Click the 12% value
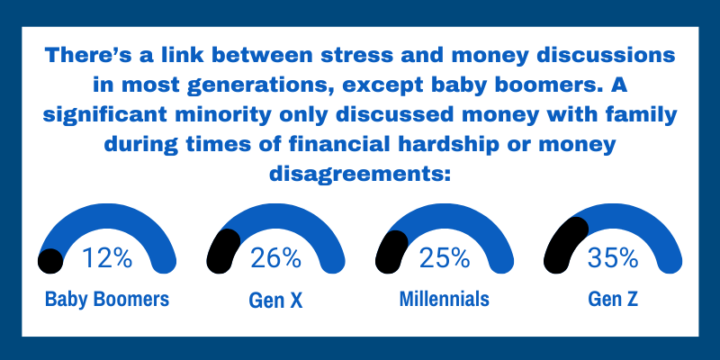pos(107,259)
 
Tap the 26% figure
pos(276,259)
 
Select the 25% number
pos(445,259)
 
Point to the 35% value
pos(613,259)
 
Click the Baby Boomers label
pos(107,300)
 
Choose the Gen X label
pos(275,300)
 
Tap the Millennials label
pos(445,300)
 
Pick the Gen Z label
pos(613,300)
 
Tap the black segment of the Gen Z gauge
pos(563,241)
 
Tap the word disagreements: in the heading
pos(360,173)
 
